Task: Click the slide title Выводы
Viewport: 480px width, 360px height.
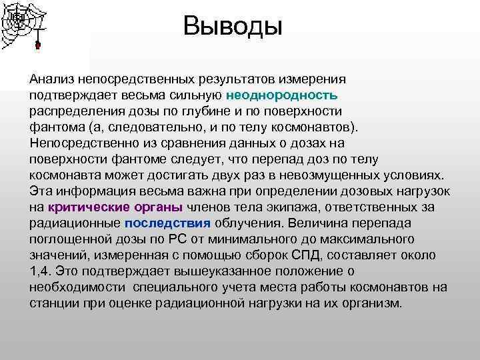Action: click(233, 27)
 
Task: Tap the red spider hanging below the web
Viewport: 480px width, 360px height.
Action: click(38, 45)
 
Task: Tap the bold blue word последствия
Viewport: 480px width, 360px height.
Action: click(167, 223)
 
